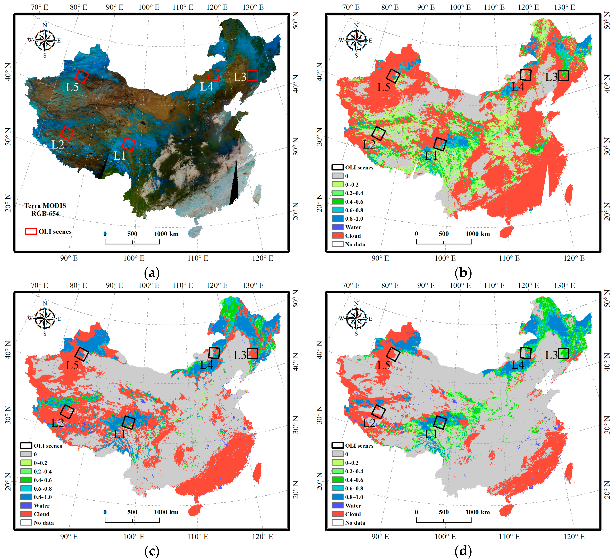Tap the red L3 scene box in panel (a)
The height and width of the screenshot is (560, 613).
point(252,76)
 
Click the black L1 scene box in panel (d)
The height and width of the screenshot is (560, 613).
point(440,423)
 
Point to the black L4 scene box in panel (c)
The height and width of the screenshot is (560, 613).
point(214,353)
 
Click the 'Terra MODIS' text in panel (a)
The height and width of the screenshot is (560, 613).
point(45,206)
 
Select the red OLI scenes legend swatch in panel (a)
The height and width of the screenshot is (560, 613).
point(31,231)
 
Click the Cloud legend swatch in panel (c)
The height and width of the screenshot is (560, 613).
point(26,514)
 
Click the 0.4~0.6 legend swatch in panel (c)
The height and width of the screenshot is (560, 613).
point(26,480)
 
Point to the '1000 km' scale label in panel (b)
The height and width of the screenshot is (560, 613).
point(477,234)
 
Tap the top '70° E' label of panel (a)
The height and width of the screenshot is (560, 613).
point(40,7)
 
